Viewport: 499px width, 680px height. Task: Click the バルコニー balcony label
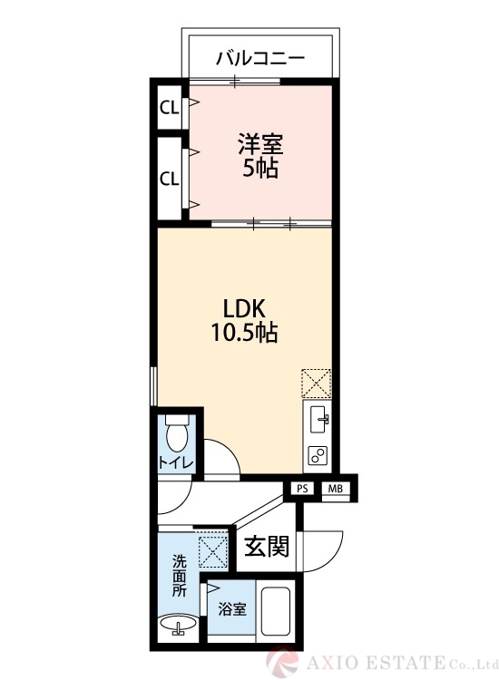pyautogui.click(x=259, y=60)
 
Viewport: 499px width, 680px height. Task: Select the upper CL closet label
pyautogui.click(x=169, y=109)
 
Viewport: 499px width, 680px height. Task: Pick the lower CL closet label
pyautogui.click(x=169, y=178)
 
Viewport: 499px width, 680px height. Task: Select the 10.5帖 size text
pyautogui.click(x=244, y=333)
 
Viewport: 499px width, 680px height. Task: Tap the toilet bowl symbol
pyautogui.click(x=179, y=436)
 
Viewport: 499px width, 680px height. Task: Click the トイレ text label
pyautogui.click(x=176, y=463)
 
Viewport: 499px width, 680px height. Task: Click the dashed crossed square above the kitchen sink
pyautogui.click(x=318, y=383)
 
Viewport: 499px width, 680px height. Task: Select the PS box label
pyautogui.click(x=302, y=490)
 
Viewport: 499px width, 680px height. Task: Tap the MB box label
pyautogui.click(x=335, y=490)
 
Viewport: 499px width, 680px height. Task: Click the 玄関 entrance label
pyautogui.click(x=267, y=547)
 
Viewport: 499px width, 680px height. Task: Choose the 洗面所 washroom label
pyautogui.click(x=180, y=576)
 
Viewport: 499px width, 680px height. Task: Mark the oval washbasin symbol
pyautogui.click(x=179, y=625)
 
